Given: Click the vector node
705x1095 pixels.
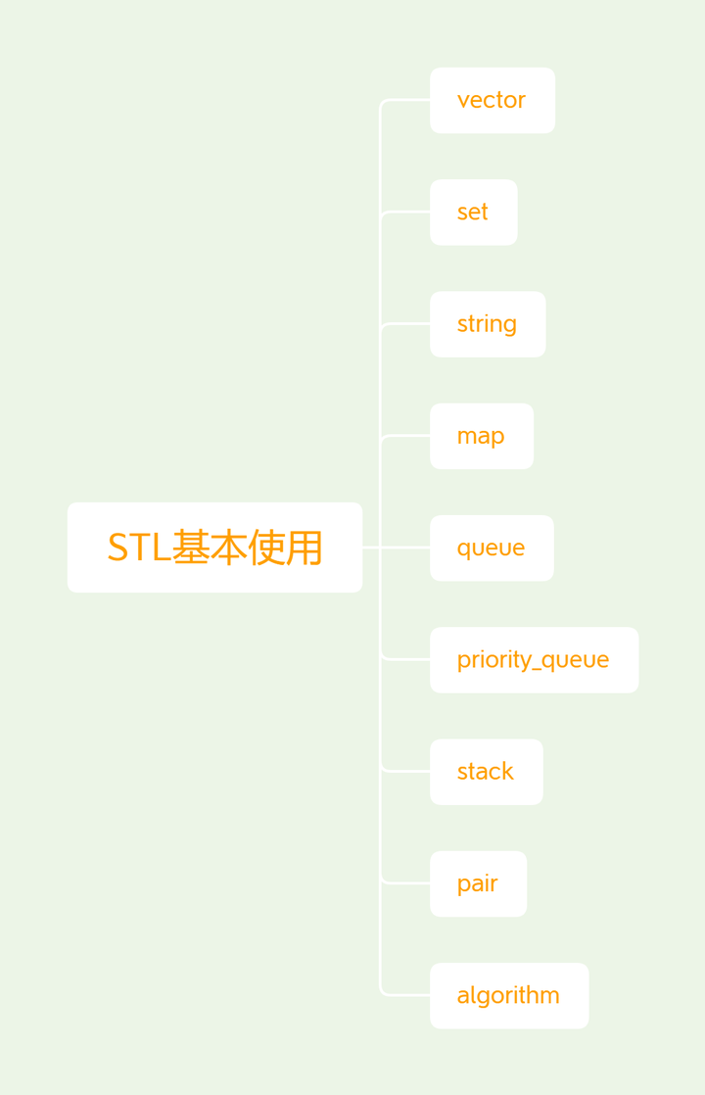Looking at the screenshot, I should (492, 100).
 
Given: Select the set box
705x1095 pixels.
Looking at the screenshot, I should (473, 212).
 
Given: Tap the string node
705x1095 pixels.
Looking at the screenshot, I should (487, 324).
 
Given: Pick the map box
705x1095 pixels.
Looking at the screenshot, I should (481, 436).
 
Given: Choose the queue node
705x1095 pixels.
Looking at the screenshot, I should (491, 547).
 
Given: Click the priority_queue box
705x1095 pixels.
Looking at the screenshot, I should (534, 660).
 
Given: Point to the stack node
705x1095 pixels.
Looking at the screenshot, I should (486, 772).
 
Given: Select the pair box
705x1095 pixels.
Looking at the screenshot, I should (478, 883).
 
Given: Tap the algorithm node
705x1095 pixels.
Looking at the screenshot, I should (508, 995).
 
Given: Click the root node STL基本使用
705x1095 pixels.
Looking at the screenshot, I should (214, 547).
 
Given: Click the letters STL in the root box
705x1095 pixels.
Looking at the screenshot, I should (138, 548).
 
